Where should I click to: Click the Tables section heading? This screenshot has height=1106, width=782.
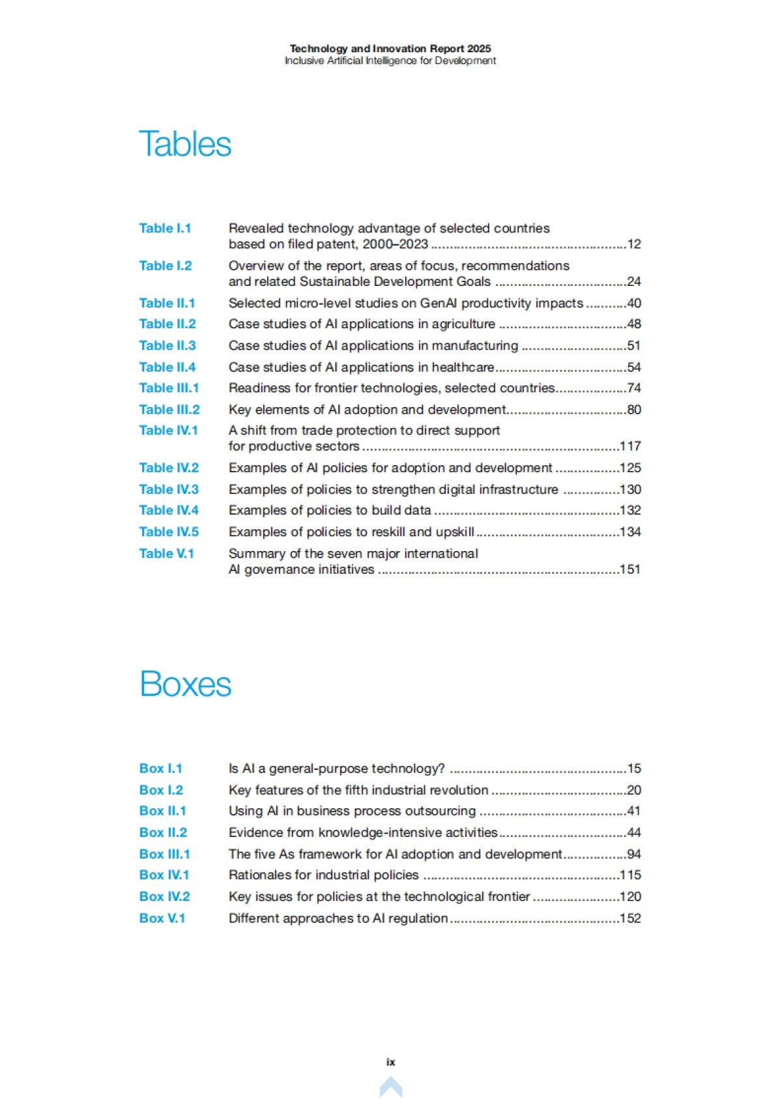[185, 144]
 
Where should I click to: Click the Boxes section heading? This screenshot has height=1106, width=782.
[186, 684]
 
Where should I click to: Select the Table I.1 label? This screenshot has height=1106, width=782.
[165, 229]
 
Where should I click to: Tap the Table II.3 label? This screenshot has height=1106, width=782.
[167, 346]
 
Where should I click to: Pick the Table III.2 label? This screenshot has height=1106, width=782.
[169, 410]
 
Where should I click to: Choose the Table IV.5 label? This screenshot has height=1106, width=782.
[169, 532]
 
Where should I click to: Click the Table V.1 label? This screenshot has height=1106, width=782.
[166, 554]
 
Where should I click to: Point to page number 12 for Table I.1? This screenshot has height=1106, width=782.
[634, 245]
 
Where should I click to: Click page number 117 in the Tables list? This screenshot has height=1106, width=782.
[630, 447]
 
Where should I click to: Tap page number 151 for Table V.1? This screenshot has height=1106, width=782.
[630, 570]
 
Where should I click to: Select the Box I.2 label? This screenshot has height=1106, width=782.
[161, 790]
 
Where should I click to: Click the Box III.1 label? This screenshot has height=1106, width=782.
[164, 854]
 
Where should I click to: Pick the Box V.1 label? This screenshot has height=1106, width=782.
[162, 918]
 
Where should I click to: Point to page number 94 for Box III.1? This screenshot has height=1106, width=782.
[634, 854]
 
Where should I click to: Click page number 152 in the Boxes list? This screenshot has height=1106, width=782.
[630, 918]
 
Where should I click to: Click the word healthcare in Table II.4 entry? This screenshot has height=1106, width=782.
[463, 367]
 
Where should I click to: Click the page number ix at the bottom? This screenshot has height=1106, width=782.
[391, 1062]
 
